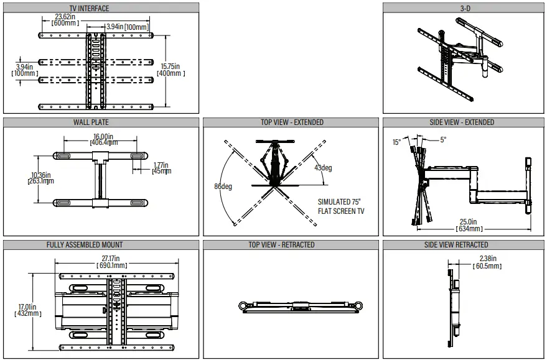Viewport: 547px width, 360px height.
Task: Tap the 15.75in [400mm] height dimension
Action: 170,70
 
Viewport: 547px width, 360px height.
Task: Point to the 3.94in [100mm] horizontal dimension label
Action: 128,27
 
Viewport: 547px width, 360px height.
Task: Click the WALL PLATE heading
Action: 91,122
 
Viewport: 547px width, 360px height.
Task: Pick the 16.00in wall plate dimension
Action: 103,139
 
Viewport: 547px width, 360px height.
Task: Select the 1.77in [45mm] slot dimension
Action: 162,168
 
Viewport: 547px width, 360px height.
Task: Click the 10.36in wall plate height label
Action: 42,178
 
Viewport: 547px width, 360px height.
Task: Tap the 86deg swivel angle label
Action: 222,187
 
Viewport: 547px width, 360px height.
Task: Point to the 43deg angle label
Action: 323,167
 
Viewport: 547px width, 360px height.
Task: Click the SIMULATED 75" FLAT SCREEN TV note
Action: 341,206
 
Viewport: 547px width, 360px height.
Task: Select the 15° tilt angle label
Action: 396,142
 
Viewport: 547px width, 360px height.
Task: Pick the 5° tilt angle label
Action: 443,140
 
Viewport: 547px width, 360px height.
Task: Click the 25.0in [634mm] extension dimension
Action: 468,224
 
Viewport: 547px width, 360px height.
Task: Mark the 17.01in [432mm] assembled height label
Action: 28,310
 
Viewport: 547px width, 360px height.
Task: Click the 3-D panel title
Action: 464,8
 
